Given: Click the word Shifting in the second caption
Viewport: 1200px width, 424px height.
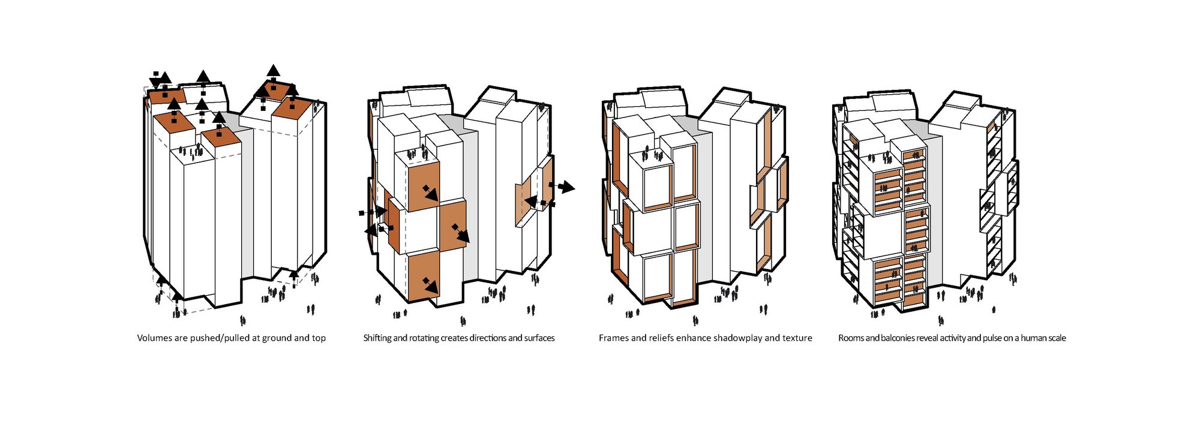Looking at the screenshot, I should pos(377,338).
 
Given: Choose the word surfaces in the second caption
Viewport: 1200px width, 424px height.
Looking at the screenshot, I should pos(539,338).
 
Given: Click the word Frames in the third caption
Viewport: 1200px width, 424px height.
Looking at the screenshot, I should pos(613,338).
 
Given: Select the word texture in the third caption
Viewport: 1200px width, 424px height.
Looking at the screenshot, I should pos(797,338).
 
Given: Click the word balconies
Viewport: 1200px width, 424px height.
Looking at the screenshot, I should pos(898,338).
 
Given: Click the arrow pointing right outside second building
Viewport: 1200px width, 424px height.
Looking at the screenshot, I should pos(565,188).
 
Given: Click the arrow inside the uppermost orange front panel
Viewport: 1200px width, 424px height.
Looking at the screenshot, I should pos(430,193).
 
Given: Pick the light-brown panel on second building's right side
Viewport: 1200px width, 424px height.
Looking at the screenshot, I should pos(529,198).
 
